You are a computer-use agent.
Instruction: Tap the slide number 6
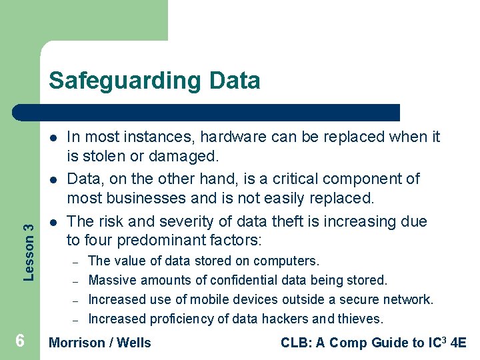pos(20,341)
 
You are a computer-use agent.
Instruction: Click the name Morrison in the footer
pos(77,343)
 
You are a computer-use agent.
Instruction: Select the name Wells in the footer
pos(134,343)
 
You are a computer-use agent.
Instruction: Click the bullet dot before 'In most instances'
pos(51,137)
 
